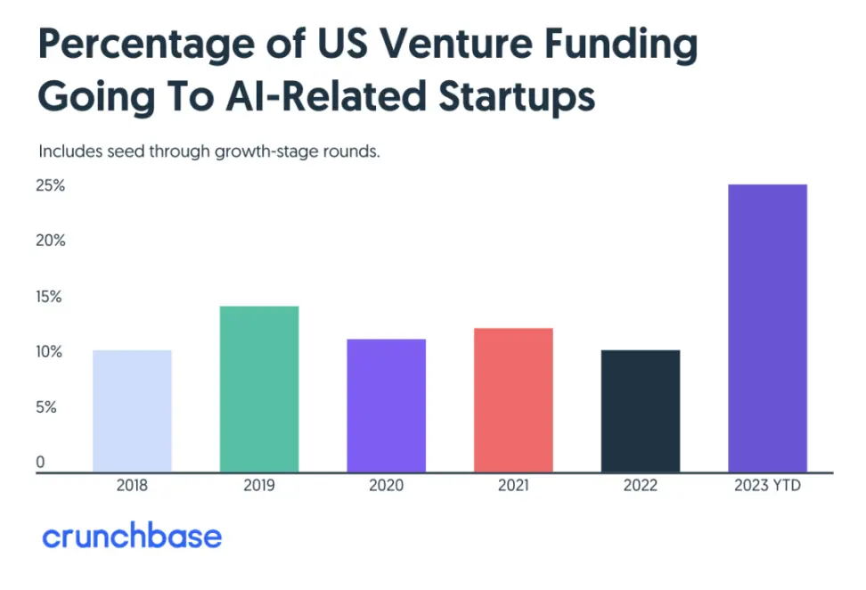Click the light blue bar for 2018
[x=132, y=411]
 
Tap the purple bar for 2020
[x=386, y=406]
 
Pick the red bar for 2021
[x=513, y=400]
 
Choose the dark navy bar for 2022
[x=641, y=411]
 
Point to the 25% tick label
[x=51, y=186]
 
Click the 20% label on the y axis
[x=51, y=241]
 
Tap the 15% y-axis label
[x=50, y=297]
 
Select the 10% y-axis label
[x=50, y=352]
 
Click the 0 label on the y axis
[x=40, y=462]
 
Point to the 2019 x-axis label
[x=259, y=487]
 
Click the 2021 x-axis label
[x=513, y=487]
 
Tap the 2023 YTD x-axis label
[x=767, y=487]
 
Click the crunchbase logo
[x=132, y=537]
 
